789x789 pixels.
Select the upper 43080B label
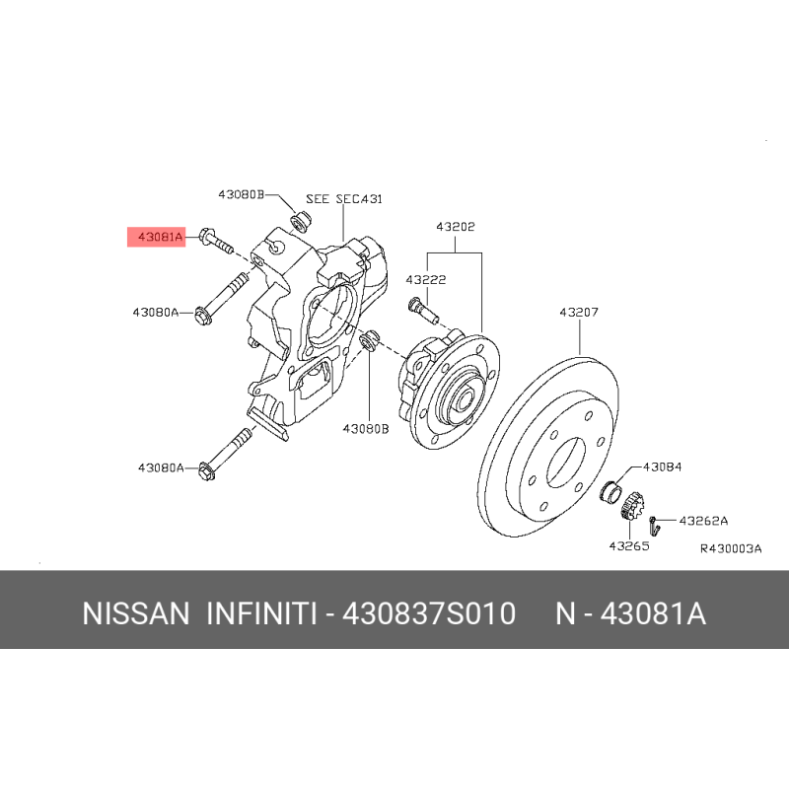pyautogui.click(x=241, y=194)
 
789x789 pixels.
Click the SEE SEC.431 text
pyautogui.click(x=344, y=199)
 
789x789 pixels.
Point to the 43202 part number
pyautogui.click(x=456, y=227)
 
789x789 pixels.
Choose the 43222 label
pyautogui.click(x=426, y=280)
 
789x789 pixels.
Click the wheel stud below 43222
pyautogui.click(x=424, y=311)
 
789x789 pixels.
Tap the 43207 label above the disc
pyautogui.click(x=579, y=313)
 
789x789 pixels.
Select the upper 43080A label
pyautogui.click(x=156, y=313)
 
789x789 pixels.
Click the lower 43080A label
pyautogui.click(x=161, y=467)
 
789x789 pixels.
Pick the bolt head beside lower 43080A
pyautogui.click(x=207, y=471)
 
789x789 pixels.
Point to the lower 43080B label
pyautogui.click(x=366, y=429)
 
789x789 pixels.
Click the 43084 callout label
pyautogui.click(x=662, y=466)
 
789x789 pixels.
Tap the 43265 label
pyautogui.click(x=629, y=546)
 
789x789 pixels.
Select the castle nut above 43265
pyautogui.click(x=631, y=507)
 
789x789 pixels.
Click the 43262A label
pyautogui.click(x=703, y=521)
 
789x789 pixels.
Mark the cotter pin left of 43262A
pyautogui.click(x=654, y=526)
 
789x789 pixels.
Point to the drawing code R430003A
pyautogui.click(x=731, y=548)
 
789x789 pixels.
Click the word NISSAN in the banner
pyautogui.click(x=136, y=613)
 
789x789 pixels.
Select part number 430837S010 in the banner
pyautogui.click(x=429, y=613)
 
